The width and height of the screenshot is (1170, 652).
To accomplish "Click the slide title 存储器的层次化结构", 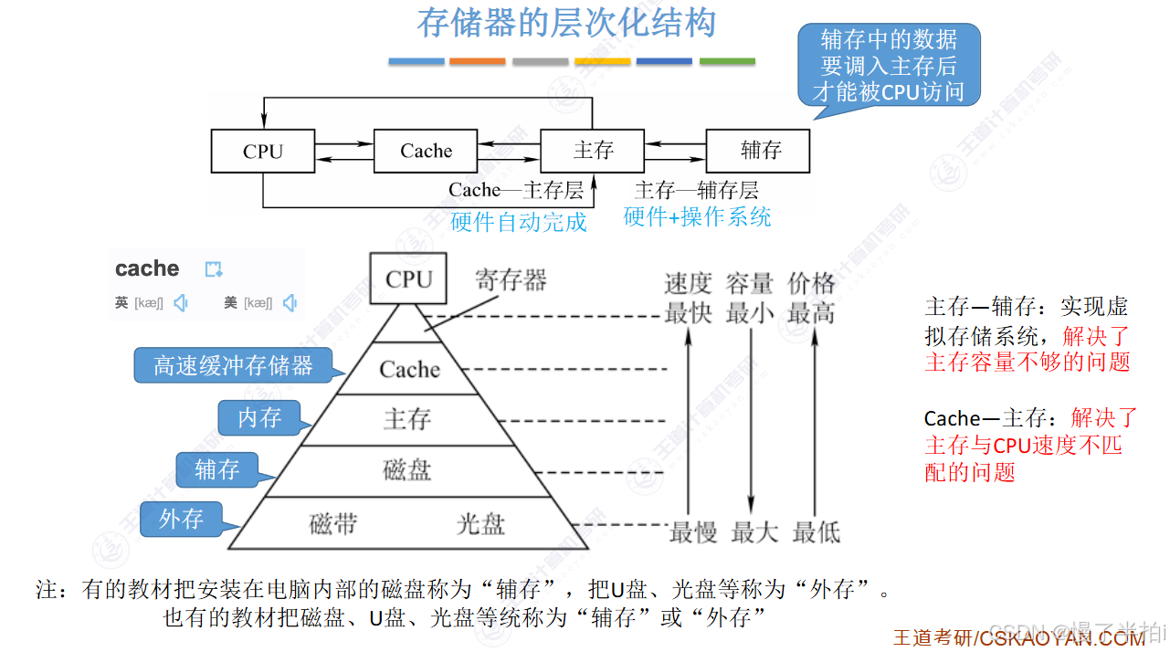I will click(566, 24).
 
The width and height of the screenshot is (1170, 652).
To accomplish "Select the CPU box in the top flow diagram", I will click(263, 151).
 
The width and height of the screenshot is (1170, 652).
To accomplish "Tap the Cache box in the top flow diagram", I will click(426, 151).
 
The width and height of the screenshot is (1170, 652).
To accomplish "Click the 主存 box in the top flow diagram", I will click(593, 151).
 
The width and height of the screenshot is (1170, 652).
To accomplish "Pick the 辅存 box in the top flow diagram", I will click(758, 151).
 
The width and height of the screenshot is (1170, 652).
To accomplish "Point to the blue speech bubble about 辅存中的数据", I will click(888, 66).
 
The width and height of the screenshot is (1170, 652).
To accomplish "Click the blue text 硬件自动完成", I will click(518, 222).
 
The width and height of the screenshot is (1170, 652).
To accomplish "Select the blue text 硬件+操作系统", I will click(697, 216).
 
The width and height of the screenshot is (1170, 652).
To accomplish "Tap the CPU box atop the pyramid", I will click(408, 279).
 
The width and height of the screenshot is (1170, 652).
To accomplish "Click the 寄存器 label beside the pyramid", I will click(511, 280).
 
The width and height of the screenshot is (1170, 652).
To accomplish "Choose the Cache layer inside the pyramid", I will click(409, 369).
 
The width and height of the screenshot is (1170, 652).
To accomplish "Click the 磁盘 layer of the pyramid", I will click(406, 470).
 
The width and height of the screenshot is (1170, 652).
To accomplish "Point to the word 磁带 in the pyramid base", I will click(333, 524).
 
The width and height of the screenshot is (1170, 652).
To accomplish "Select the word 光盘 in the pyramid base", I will click(480, 524).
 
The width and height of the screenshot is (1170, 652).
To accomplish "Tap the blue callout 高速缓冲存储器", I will click(233, 366).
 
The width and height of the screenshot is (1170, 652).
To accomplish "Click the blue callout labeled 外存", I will click(181, 519).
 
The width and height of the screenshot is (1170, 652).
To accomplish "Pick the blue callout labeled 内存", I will click(259, 417).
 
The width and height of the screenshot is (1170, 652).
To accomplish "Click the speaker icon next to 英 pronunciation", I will click(181, 303).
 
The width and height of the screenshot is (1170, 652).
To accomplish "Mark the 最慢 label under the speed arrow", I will click(692, 531).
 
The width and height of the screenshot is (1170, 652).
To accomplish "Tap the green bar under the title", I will click(727, 61).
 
